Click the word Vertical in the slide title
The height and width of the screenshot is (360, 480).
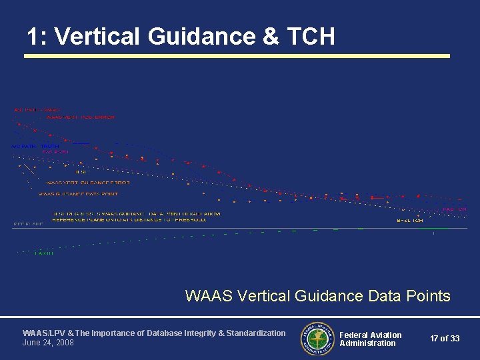[x=98, y=36]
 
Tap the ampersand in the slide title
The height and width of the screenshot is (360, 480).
[x=271, y=36]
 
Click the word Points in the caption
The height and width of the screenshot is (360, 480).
[x=428, y=295]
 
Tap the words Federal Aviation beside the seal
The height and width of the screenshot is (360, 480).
[x=371, y=335]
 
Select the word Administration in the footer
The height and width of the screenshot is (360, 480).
[x=367, y=343]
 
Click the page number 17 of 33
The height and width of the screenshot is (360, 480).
[x=445, y=339]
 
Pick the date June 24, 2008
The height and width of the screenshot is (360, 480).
[x=49, y=343]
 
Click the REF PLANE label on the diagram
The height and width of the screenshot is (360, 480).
[x=28, y=225]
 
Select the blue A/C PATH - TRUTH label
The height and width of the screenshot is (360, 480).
[x=35, y=146]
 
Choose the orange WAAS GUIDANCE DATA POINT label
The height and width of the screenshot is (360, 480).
[x=78, y=194]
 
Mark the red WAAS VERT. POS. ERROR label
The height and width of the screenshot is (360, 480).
[x=80, y=117]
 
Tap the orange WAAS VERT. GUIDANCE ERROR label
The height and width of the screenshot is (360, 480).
[x=88, y=182]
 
